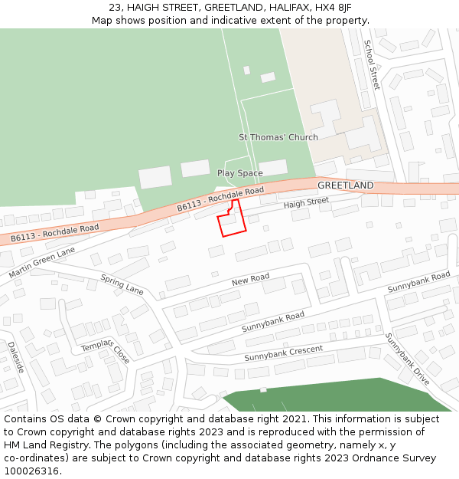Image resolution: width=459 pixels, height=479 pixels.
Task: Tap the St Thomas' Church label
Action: point(278,137)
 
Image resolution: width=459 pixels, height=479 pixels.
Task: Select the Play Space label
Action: point(239,173)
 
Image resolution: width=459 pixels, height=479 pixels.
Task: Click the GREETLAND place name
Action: point(345,185)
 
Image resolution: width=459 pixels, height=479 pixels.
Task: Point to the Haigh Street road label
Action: point(305,202)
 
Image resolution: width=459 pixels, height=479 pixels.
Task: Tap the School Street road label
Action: point(371,64)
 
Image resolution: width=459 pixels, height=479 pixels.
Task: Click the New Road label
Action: point(250,281)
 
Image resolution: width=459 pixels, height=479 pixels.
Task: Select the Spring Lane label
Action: point(122,285)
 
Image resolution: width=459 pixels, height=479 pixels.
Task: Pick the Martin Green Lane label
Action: point(42,262)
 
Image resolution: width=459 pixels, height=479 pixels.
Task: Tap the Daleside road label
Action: point(16,356)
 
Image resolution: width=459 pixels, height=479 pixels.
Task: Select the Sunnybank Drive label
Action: point(407,359)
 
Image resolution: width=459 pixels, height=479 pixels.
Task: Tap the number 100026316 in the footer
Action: point(34,471)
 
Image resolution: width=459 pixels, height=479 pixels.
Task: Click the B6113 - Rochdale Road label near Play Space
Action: point(220,198)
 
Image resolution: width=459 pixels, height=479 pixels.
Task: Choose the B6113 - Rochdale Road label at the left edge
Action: point(55,233)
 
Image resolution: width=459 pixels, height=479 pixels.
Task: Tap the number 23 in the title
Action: point(115,8)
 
